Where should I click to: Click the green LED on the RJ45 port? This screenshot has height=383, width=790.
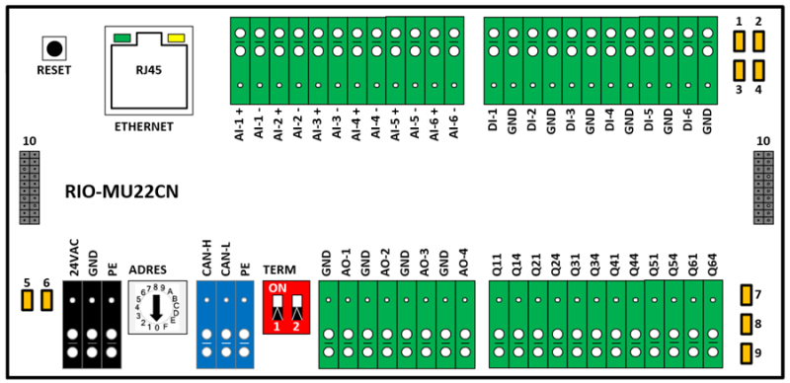[x=122, y=38]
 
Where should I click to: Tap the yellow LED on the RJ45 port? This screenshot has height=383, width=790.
[x=177, y=38]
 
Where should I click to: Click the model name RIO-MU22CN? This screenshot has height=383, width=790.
[x=121, y=192]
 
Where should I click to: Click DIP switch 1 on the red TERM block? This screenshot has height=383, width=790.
[x=277, y=307]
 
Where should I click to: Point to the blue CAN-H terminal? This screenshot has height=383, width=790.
[x=206, y=324]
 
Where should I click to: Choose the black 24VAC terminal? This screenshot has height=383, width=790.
[x=72, y=324]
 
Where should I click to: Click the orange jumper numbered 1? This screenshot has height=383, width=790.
[x=739, y=41]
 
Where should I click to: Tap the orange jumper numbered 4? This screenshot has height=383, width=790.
[x=758, y=70]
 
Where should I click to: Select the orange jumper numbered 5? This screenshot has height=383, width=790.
[x=27, y=300]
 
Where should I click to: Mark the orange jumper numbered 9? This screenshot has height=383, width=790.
[x=747, y=353]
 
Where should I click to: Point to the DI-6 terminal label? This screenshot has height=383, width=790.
[x=687, y=121]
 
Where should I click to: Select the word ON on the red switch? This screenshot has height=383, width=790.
[x=277, y=289]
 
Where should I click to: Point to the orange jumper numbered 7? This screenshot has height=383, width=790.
[x=747, y=295]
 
